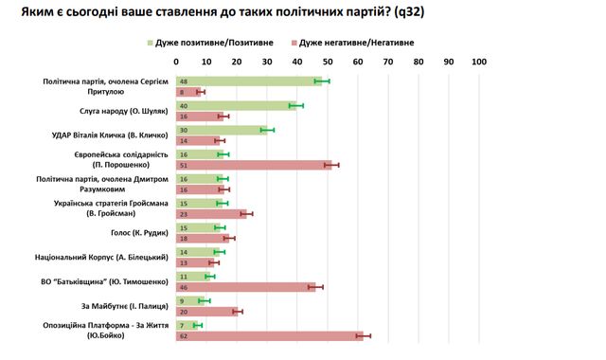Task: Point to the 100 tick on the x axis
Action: (478, 62)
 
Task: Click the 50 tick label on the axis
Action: (327, 62)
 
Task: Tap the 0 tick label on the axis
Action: (176, 62)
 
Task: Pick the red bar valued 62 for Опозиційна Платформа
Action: (270, 335)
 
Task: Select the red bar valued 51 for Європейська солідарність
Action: (254, 165)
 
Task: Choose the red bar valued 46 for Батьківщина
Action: (246, 286)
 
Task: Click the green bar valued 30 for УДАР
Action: (223, 130)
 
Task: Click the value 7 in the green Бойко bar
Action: (182, 325)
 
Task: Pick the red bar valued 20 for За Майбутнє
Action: (206, 311)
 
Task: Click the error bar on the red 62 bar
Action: (364, 335)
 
